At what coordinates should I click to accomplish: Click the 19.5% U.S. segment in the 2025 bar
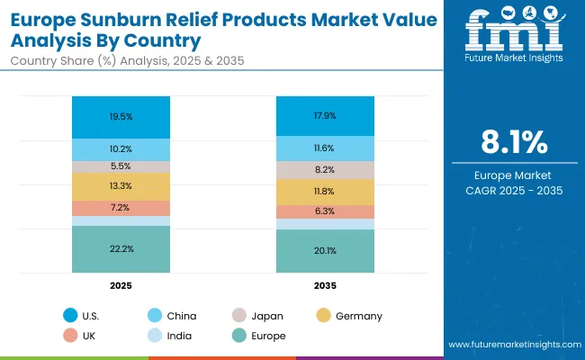121,117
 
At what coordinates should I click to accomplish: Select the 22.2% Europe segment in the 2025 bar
121,248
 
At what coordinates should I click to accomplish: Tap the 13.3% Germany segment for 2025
121,186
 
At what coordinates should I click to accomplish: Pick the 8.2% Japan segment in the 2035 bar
325,169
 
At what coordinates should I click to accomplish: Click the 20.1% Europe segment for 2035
325,250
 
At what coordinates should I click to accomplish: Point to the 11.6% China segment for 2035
325,148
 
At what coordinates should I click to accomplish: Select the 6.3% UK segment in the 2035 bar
325,211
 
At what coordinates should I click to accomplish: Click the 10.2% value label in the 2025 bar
121,149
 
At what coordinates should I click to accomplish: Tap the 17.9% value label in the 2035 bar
325,114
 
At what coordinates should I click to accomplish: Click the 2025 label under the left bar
121,285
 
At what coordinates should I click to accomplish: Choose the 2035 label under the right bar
325,285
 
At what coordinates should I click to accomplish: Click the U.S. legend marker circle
70,316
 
